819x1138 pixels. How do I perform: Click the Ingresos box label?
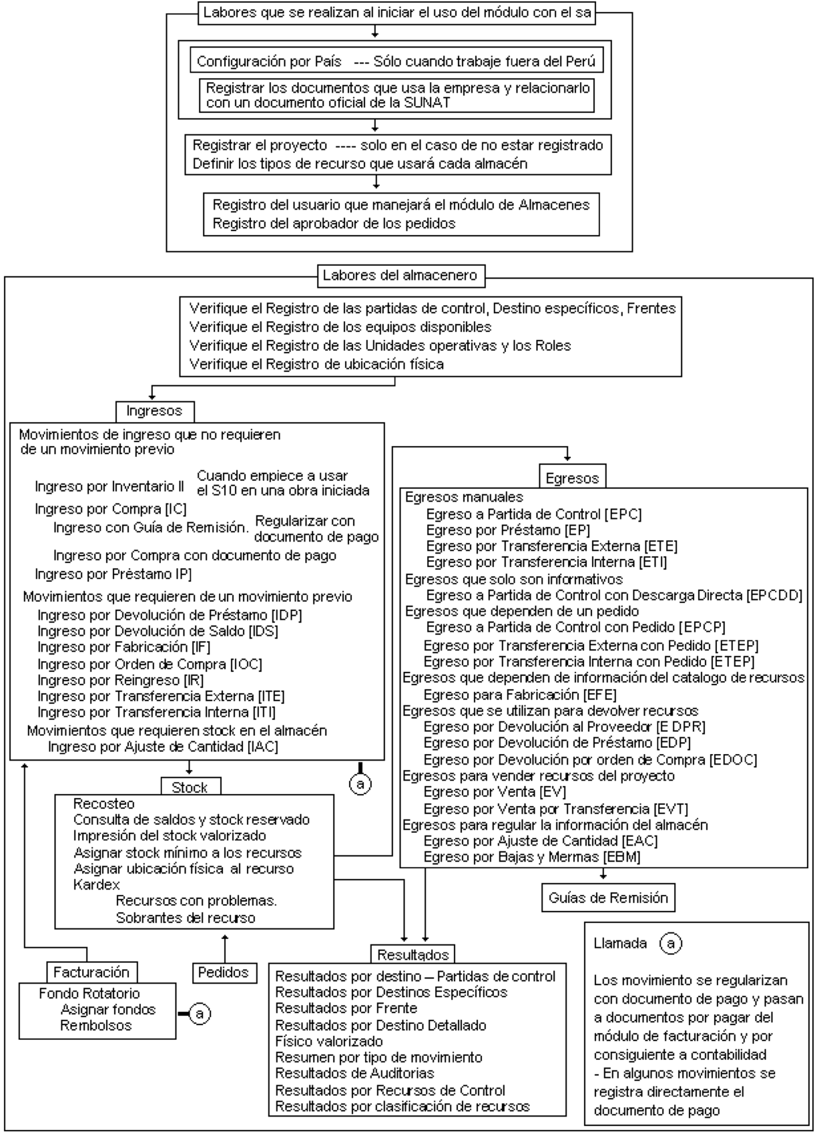click(155, 411)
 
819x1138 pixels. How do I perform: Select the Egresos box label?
click(572, 478)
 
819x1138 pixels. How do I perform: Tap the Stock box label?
click(190, 787)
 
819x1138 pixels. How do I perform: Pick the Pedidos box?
click(224, 972)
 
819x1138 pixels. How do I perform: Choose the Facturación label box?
click(92, 972)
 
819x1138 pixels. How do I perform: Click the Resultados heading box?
click(413, 954)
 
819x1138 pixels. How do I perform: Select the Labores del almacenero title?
click(400, 276)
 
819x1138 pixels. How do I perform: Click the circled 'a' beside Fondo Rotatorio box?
click(200, 1014)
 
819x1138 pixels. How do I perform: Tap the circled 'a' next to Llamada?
click(671, 944)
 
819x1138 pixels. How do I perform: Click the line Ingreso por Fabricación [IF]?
click(124, 646)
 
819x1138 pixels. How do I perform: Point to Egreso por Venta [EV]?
click(495, 792)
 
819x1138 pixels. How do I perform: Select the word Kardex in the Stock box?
click(97, 884)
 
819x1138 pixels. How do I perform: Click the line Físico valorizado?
click(329, 1041)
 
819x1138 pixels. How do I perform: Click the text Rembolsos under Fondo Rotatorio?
click(96, 1025)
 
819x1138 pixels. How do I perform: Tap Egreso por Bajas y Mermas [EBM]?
click(532, 857)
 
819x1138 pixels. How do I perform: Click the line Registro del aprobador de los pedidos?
click(334, 223)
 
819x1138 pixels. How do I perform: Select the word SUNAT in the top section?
click(427, 103)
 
